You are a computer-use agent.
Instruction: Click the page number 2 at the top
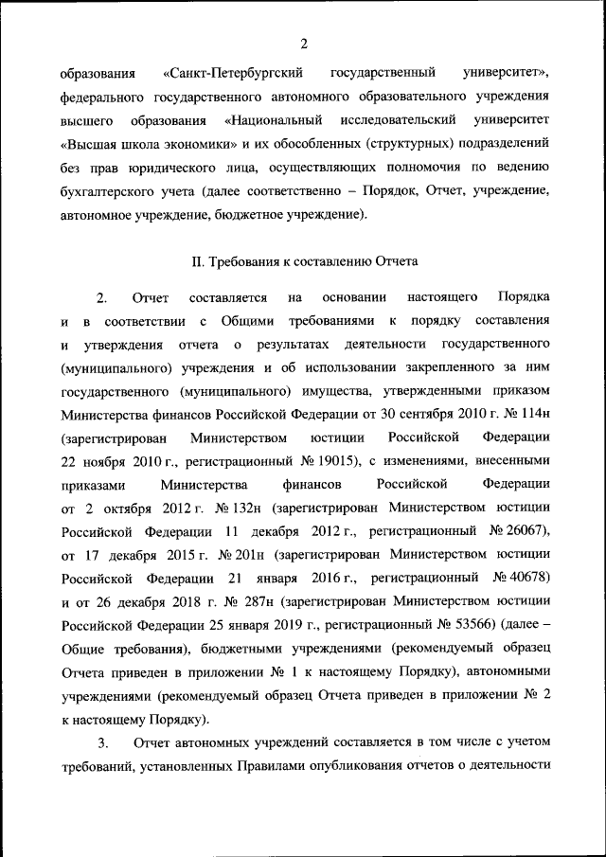point(303,44)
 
